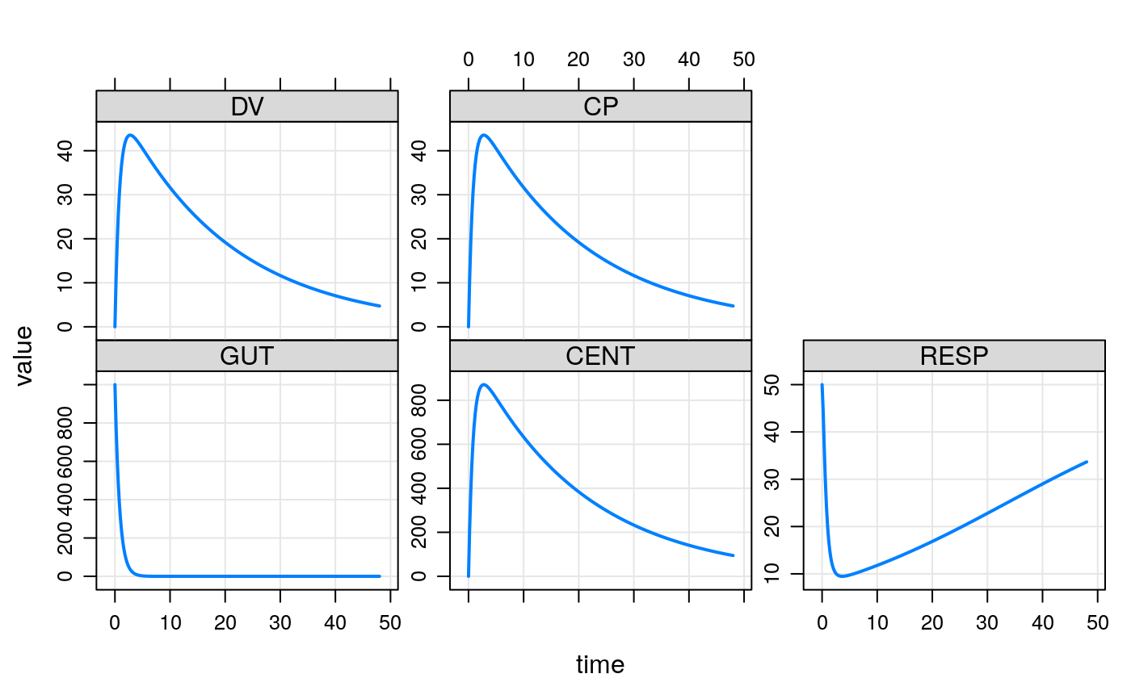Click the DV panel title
point(246,107)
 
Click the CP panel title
point(600,107)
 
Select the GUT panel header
point(246,356)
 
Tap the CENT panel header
point(600,356)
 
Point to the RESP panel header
point(954,356)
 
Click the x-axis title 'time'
point(600,665)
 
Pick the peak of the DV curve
point(130,135)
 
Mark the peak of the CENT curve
point(483,384)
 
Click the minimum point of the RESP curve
point(843,576)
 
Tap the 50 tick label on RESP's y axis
point(783,385)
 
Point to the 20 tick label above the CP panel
point(578,60)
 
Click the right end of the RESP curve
point(1087,462)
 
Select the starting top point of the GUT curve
point(115,385)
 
